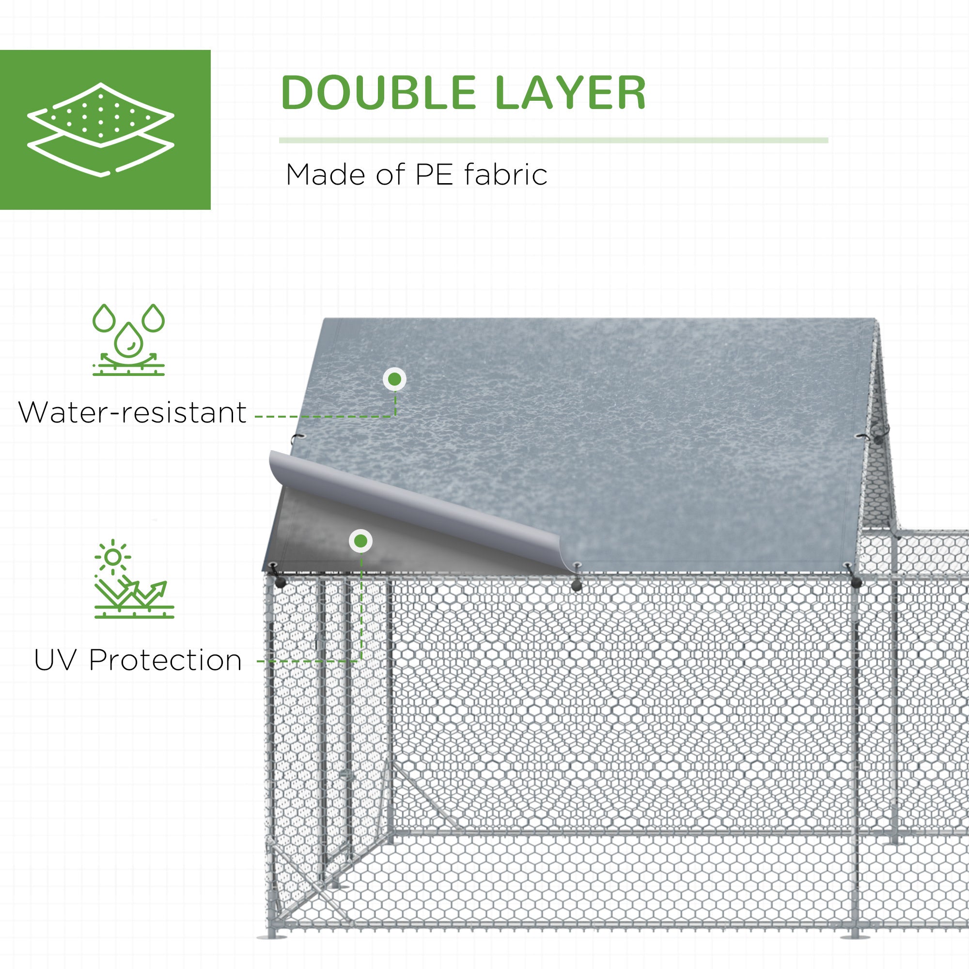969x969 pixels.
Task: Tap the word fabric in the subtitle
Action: coord(505,174)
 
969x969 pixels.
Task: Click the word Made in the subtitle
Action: coord(327,175)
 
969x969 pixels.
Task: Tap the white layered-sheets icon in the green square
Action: coord(101,130)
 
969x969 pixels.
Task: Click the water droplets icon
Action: coord(128,340)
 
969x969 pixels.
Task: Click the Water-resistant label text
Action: coord(132,413)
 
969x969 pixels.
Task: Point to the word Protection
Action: coord(166,660)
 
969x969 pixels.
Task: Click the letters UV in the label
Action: coord(57,660)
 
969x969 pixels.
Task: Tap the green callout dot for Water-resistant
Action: coord(395,379)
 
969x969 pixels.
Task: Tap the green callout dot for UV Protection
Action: coord(360,541)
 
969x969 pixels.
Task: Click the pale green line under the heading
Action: coord(554,141)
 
